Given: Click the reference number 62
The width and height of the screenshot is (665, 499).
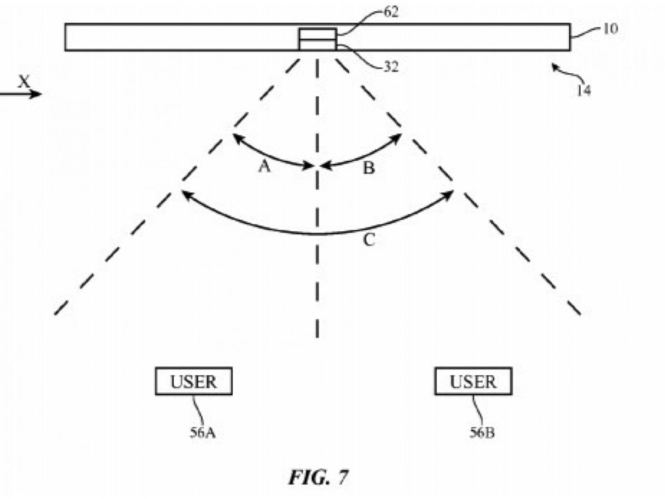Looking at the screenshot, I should [x=391, y=12].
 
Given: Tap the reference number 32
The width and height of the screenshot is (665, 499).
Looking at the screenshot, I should [x=391, y=67].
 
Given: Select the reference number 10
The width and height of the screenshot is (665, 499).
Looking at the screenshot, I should [x=610, y=29].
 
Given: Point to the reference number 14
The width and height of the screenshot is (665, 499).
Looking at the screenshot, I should [x=583, y=90].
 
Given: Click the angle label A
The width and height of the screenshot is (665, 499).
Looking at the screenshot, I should [x=264, y=167].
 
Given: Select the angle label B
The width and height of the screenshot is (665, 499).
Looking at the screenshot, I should [x=369, y=168].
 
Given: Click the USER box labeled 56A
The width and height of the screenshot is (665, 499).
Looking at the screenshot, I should [x=193, y=382].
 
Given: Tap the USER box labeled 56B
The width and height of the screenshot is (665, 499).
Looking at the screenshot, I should [x=473, y=382].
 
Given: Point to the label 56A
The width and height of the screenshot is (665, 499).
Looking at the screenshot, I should [x=202, y=432].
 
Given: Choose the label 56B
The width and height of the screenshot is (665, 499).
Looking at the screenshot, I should [x=482, y=432].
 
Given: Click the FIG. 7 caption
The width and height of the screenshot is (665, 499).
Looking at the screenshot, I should [x=318, y=477].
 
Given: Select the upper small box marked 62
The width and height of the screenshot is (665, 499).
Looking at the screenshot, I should [x=317, y=34].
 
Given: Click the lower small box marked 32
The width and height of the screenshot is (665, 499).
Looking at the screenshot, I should [x=317, y=45].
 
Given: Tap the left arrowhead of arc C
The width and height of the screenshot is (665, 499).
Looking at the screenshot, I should [x=184, y=193].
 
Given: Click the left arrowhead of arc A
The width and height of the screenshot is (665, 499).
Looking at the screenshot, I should [x=235, y=136].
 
